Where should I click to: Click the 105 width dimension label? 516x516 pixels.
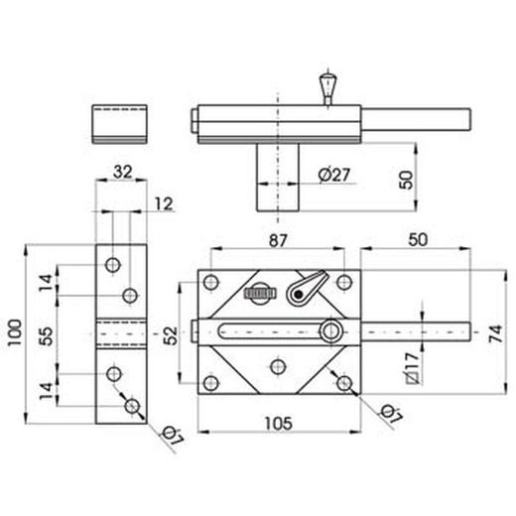click(x=279, y=423)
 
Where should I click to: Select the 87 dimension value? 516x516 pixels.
click(x=278, y=240)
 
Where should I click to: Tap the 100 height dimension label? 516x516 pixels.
click(x=15, y=332)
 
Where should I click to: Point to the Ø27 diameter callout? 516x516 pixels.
click(x=333, y=175)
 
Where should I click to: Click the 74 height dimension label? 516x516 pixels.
click(x=496, y=333)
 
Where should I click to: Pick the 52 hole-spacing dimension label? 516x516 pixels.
click(x=171, y=335)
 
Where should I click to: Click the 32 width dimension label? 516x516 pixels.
click(x=122, y=172)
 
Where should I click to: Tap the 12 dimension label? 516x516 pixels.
click(x=164, y=204)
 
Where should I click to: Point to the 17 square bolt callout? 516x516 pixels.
click(x=412, y=368)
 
